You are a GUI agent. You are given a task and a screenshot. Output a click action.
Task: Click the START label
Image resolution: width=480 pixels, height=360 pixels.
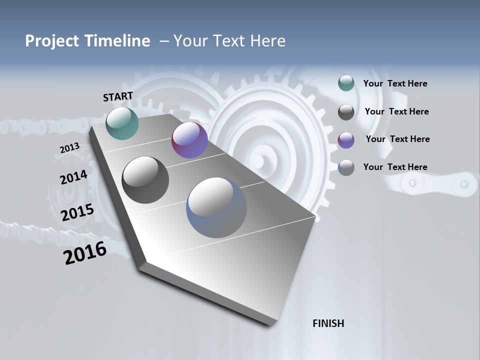click(x=118, y=96)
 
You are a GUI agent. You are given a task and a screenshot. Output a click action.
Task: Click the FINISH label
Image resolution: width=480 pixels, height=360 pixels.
click(x=328, y=323)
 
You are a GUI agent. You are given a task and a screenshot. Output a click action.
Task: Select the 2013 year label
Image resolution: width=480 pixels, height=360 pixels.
click(x=69, y=148)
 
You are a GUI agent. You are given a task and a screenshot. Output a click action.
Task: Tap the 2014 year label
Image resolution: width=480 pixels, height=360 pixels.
click(x=73, y=177)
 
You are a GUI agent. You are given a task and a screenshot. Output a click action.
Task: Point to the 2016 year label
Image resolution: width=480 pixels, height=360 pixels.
click(x=85, y=253)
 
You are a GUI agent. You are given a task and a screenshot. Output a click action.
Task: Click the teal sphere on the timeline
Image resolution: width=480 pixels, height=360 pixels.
click(x=122, y=123)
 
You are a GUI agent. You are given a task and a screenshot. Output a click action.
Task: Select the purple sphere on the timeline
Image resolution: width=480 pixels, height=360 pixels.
click(x=189, y=140)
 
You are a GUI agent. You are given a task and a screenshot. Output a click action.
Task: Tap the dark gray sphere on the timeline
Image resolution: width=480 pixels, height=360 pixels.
click(x=145, y=180)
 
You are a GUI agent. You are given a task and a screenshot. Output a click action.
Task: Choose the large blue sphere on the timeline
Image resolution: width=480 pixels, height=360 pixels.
click(x=216, y=207)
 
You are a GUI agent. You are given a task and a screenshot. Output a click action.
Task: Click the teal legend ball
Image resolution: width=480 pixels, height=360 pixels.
click(x=346, y=83)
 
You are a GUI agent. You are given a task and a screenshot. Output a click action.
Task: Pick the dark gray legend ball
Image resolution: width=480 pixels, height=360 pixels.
click(x=346, y=112)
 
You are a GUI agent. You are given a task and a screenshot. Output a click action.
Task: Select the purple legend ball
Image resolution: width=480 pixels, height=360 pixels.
click(x=346, y=139)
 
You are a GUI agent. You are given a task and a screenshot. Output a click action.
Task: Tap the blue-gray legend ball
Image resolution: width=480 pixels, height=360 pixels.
click(x=346, y=167)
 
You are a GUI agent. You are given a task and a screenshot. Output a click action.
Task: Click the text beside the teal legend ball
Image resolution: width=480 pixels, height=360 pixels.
click(x=395, y=83)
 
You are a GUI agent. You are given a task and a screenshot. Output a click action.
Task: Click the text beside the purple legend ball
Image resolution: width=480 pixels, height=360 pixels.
click(x=397, y=139)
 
